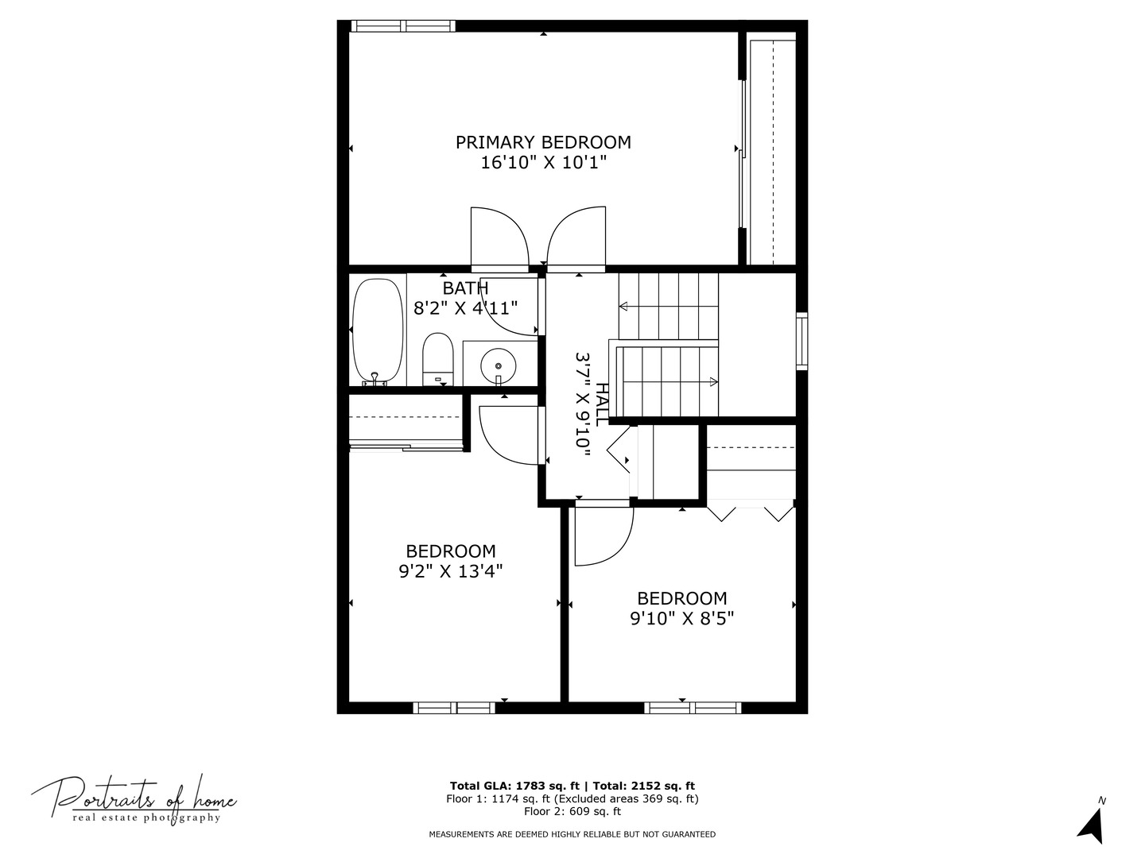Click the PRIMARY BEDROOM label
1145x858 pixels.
[543, 142]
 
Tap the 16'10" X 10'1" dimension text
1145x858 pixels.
[543, 163]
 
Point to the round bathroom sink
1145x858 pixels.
[499, 365]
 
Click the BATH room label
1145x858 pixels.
[465, 288]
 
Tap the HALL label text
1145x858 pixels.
[604, 404]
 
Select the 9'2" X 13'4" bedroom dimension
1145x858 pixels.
[450, 571]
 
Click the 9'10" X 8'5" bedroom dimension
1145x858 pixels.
[681, 619]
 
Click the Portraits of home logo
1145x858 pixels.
[134, 799]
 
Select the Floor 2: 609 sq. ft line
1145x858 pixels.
[572, 812]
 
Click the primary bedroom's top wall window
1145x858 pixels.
[403, 26]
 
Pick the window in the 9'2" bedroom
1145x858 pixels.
[454, 707]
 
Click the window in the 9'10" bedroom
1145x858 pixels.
[693, 707]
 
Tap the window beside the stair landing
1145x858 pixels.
[802, 342]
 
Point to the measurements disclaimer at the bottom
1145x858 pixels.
[572, 834]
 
